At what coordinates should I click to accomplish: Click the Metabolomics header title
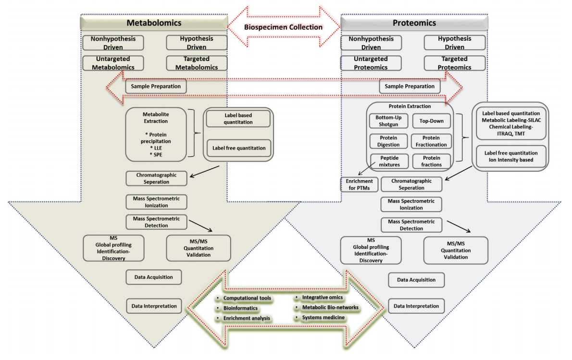pos(154,23)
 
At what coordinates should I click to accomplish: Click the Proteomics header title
pos(414,23)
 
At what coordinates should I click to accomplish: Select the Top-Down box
pos(431,121)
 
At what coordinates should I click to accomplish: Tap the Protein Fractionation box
pos(431,141)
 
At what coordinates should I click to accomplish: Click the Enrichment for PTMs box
pos(358,185)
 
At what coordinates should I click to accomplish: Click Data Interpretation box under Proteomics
pos(416,306)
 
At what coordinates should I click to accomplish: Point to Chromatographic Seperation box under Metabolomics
pos(156,178)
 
